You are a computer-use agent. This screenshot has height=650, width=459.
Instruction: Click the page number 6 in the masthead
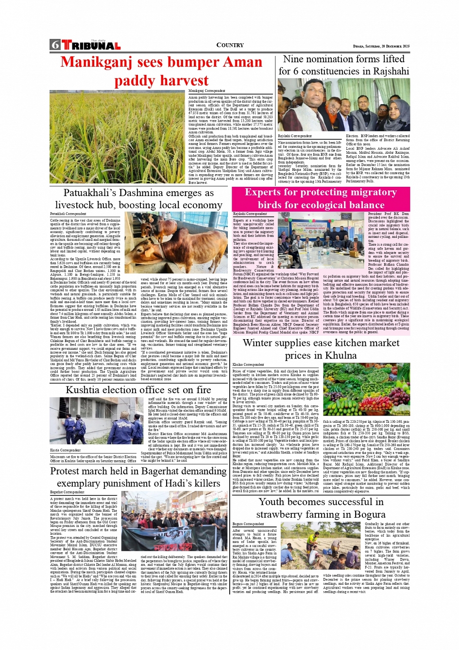55,45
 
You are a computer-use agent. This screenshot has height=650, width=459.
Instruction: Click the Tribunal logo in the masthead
91,46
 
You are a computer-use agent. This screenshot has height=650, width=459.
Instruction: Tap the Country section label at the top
230,45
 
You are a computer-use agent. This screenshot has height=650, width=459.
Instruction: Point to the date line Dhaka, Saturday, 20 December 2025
381,46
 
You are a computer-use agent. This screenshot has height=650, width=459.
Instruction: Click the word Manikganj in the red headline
96,62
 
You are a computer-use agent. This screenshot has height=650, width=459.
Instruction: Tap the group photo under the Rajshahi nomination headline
343,106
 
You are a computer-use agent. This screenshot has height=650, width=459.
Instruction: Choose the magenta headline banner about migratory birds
321,199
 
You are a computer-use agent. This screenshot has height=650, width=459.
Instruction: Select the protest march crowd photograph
174,521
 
